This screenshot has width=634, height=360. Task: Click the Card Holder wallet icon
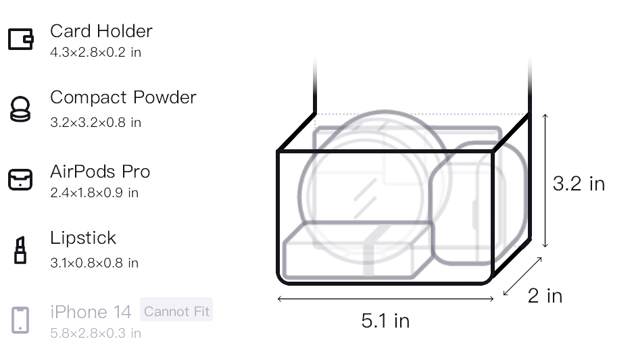pyautogui.click(x=21, y=38)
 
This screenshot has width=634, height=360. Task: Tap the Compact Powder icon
pyautogui.click(x=20, y=109)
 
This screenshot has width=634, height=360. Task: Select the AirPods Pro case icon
pyautogui.click(x=20, y=180)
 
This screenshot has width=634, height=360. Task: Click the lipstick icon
pyautogui.click(x=20, y=250)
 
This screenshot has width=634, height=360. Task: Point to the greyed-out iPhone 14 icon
pyautogui.click(x=20, y=320)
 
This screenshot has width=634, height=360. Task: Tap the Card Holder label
pyautogui.click(x=101, y=31)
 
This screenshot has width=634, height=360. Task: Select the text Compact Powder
pyautogui.click(x=123, y=97)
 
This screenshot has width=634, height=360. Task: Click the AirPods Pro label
pyautogui.click(x=100, y=172)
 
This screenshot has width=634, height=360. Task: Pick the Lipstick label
pyautogui.click(x=83, y=238)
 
